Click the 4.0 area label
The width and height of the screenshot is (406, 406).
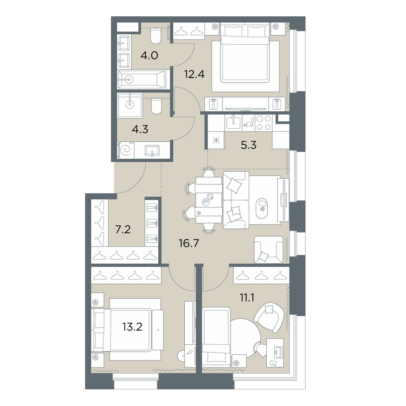149,55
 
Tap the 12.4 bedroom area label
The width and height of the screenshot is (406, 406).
194,74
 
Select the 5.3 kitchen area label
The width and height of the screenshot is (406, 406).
248,145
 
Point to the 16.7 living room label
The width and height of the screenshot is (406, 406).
189,243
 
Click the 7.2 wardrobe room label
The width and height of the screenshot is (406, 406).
123,229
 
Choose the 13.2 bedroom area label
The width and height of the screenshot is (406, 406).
132,327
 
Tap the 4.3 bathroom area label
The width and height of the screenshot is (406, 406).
140,130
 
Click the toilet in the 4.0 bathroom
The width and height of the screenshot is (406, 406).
156,36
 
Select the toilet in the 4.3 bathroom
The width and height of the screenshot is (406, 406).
156,106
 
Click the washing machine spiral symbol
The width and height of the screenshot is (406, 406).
127,150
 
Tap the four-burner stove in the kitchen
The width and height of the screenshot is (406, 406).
264,123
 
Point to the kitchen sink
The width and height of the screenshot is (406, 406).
233,123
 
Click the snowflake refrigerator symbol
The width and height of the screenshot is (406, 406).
216,141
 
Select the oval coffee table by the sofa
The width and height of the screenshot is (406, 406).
263,209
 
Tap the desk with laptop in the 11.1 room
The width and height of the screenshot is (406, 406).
275,353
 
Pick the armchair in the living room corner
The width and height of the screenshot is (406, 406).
268,250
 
